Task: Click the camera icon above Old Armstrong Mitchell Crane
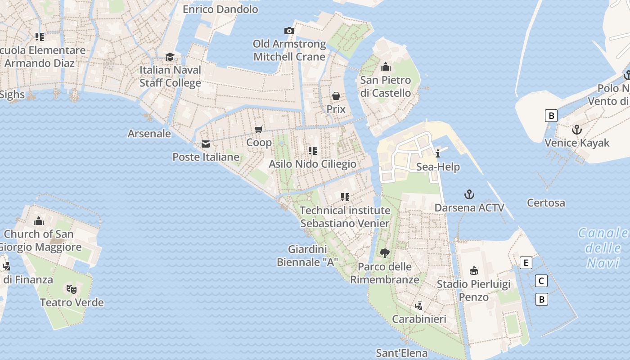(289, 31)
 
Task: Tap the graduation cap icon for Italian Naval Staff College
(170, 57)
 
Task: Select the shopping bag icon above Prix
(336, 96)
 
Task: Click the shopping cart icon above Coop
(259, 130)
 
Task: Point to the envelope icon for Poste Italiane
(206, 144)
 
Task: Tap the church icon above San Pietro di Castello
(385, 67)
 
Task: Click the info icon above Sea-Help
(438, 154)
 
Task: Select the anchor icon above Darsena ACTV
(469, 194)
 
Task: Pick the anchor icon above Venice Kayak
(576, 130)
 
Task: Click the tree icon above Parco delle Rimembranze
(384, 253)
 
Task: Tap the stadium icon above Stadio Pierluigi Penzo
(473, 270)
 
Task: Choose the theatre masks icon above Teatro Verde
(71, 288)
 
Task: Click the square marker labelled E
(526, 263)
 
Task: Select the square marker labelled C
(542, 281)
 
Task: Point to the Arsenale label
(149, 134)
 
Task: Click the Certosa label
(546, 203)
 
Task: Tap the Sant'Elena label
(401, 353)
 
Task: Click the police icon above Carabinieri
(418, 306)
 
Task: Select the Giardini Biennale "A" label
(307, 256)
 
